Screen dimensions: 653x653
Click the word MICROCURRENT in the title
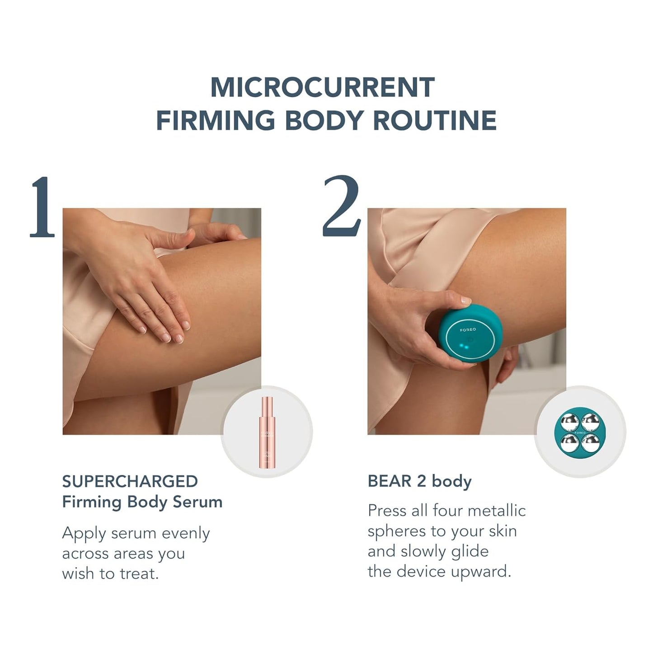click(x=322, y=87)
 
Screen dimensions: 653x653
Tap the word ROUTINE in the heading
click(x=435, y=120)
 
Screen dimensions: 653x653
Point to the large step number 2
click(x=341, y=206)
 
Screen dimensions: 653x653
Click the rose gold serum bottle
click(x=267, y=433)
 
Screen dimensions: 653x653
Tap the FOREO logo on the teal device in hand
click(x=468, y=330)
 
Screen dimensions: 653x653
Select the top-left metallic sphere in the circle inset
click(x=569, y=423)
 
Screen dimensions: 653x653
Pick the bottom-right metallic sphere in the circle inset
click(x=591, y=443)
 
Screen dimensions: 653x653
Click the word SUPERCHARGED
click(x=130, y=482)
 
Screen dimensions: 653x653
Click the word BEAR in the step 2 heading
click(x=390, y=482)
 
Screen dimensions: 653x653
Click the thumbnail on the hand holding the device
click(x=465, y=301)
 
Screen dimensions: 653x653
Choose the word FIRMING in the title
click(x=216, y=120)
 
